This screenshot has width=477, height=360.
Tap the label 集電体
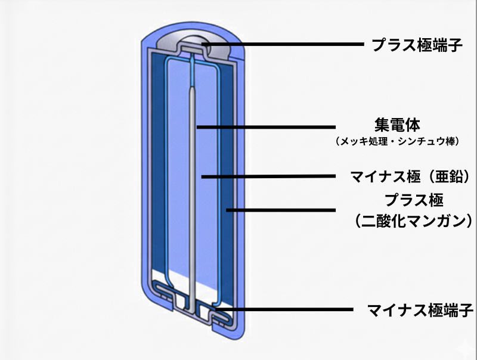(x=398, y=126)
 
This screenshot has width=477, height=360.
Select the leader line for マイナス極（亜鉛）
(x=268, y=176)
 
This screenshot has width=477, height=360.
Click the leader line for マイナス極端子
(x=286, y=309)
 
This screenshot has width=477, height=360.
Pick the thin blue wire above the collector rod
(x=194, y=72)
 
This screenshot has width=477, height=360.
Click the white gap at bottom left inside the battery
(x=161, y=276)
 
